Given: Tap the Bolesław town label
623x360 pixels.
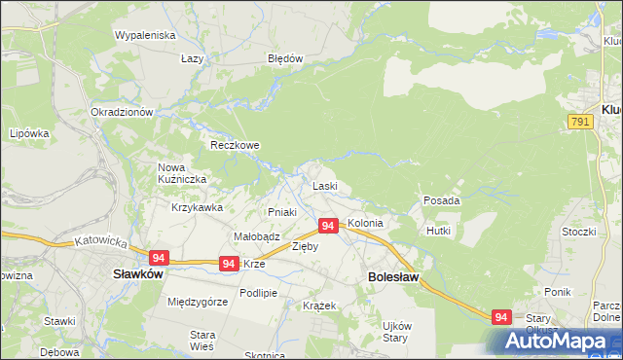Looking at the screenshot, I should tap(393, 277).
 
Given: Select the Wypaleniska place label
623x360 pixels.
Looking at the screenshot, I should tap(144, 35).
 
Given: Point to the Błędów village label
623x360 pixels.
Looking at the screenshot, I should tap(286, 58).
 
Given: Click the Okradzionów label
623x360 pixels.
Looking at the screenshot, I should tap(122, 113).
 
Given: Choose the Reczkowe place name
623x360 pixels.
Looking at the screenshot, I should tap(236, 145).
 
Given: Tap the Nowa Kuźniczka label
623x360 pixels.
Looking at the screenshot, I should tap(178, 173).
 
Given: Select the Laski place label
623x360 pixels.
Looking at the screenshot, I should tap(324, 186).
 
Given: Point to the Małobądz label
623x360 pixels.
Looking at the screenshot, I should tap(257, 236).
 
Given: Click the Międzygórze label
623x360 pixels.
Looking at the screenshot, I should tap(198, 303).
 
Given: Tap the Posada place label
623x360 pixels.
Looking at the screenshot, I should tap(441, 200).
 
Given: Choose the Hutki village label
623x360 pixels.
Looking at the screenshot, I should tap(438, 231).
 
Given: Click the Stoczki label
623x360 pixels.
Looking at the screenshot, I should tap(578, 232).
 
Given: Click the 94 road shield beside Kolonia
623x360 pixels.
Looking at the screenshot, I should tap(328, 226).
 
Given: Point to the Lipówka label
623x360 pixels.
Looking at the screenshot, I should tap(29, 133).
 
